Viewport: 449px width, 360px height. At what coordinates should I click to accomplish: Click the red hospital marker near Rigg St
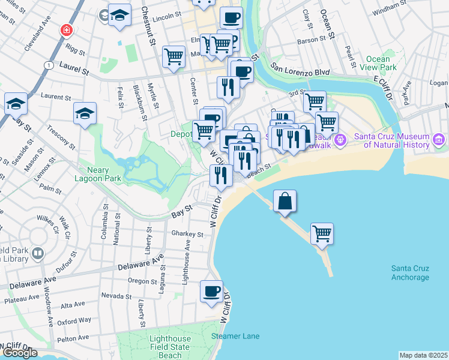tap(65, 29)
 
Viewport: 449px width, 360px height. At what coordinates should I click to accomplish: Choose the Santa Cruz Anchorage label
tap(410, 272)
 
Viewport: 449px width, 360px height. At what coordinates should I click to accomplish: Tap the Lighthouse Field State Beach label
tap(170, 347)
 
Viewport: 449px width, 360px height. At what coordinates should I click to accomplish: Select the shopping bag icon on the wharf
tap(285, 201)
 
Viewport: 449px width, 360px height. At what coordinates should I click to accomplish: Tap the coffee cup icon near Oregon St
tap(211, 292)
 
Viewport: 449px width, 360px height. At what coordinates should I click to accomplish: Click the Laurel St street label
tap(74, 71)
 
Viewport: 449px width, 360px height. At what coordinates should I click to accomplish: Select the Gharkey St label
tap(187, 234)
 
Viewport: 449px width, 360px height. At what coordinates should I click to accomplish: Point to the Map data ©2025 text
tap(423, 355)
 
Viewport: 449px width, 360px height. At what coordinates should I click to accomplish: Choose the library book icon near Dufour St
tap(38, 253)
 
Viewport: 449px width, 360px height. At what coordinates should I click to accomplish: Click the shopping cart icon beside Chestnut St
tap(173, 57)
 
